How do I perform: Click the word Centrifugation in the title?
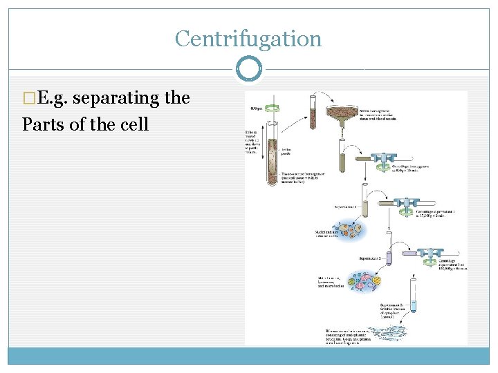coord(248,39)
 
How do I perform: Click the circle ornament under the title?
coord(249,69)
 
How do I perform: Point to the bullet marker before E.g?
coord(28,99)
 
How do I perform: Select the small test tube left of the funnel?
coord(312,112)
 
